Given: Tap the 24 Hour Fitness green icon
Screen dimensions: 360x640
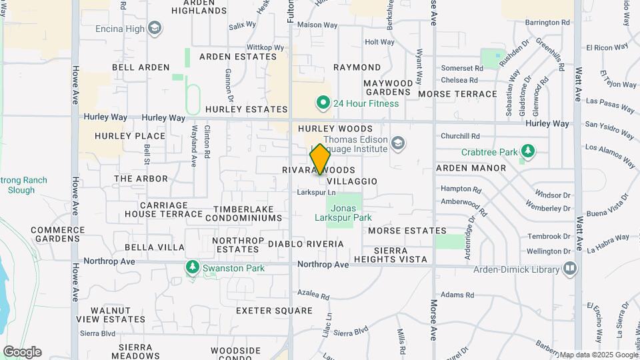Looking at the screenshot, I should coord(323,103).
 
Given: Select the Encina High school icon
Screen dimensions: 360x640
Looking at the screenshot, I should coord(155,28).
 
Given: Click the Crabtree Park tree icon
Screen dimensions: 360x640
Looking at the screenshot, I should coord(528,151).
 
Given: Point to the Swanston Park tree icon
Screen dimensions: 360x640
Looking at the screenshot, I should coord(192,267).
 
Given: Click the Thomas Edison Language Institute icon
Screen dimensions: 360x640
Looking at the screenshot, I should coord(398,143).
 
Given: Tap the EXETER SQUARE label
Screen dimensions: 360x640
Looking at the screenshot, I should coord(274,311).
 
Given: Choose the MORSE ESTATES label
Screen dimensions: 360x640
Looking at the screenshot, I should coord(407,231).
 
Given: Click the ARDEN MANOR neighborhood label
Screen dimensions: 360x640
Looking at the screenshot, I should coord(471,168).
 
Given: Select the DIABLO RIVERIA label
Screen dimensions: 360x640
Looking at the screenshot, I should coord(306,244).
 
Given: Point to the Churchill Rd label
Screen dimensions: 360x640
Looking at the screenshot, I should coord(460,136).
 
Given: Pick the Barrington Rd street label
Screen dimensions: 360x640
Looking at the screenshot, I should coord(547,22).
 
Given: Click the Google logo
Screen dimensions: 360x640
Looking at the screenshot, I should coord(22,351).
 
